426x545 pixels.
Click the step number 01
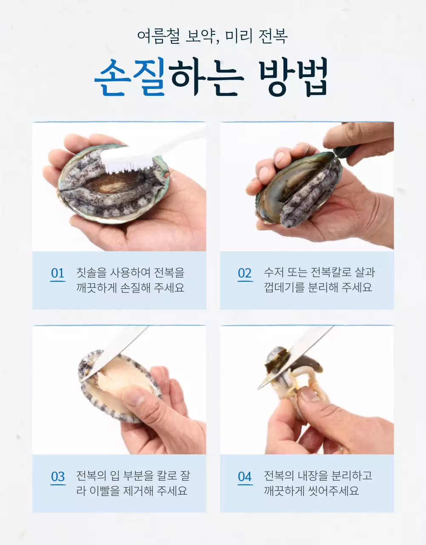(x=57, y=273)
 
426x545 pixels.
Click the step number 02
(x=245, y=273)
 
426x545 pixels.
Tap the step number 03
(x=57, y=476)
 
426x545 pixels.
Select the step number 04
(x=245, y=476)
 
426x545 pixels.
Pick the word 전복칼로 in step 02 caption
(x=330, y=272)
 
